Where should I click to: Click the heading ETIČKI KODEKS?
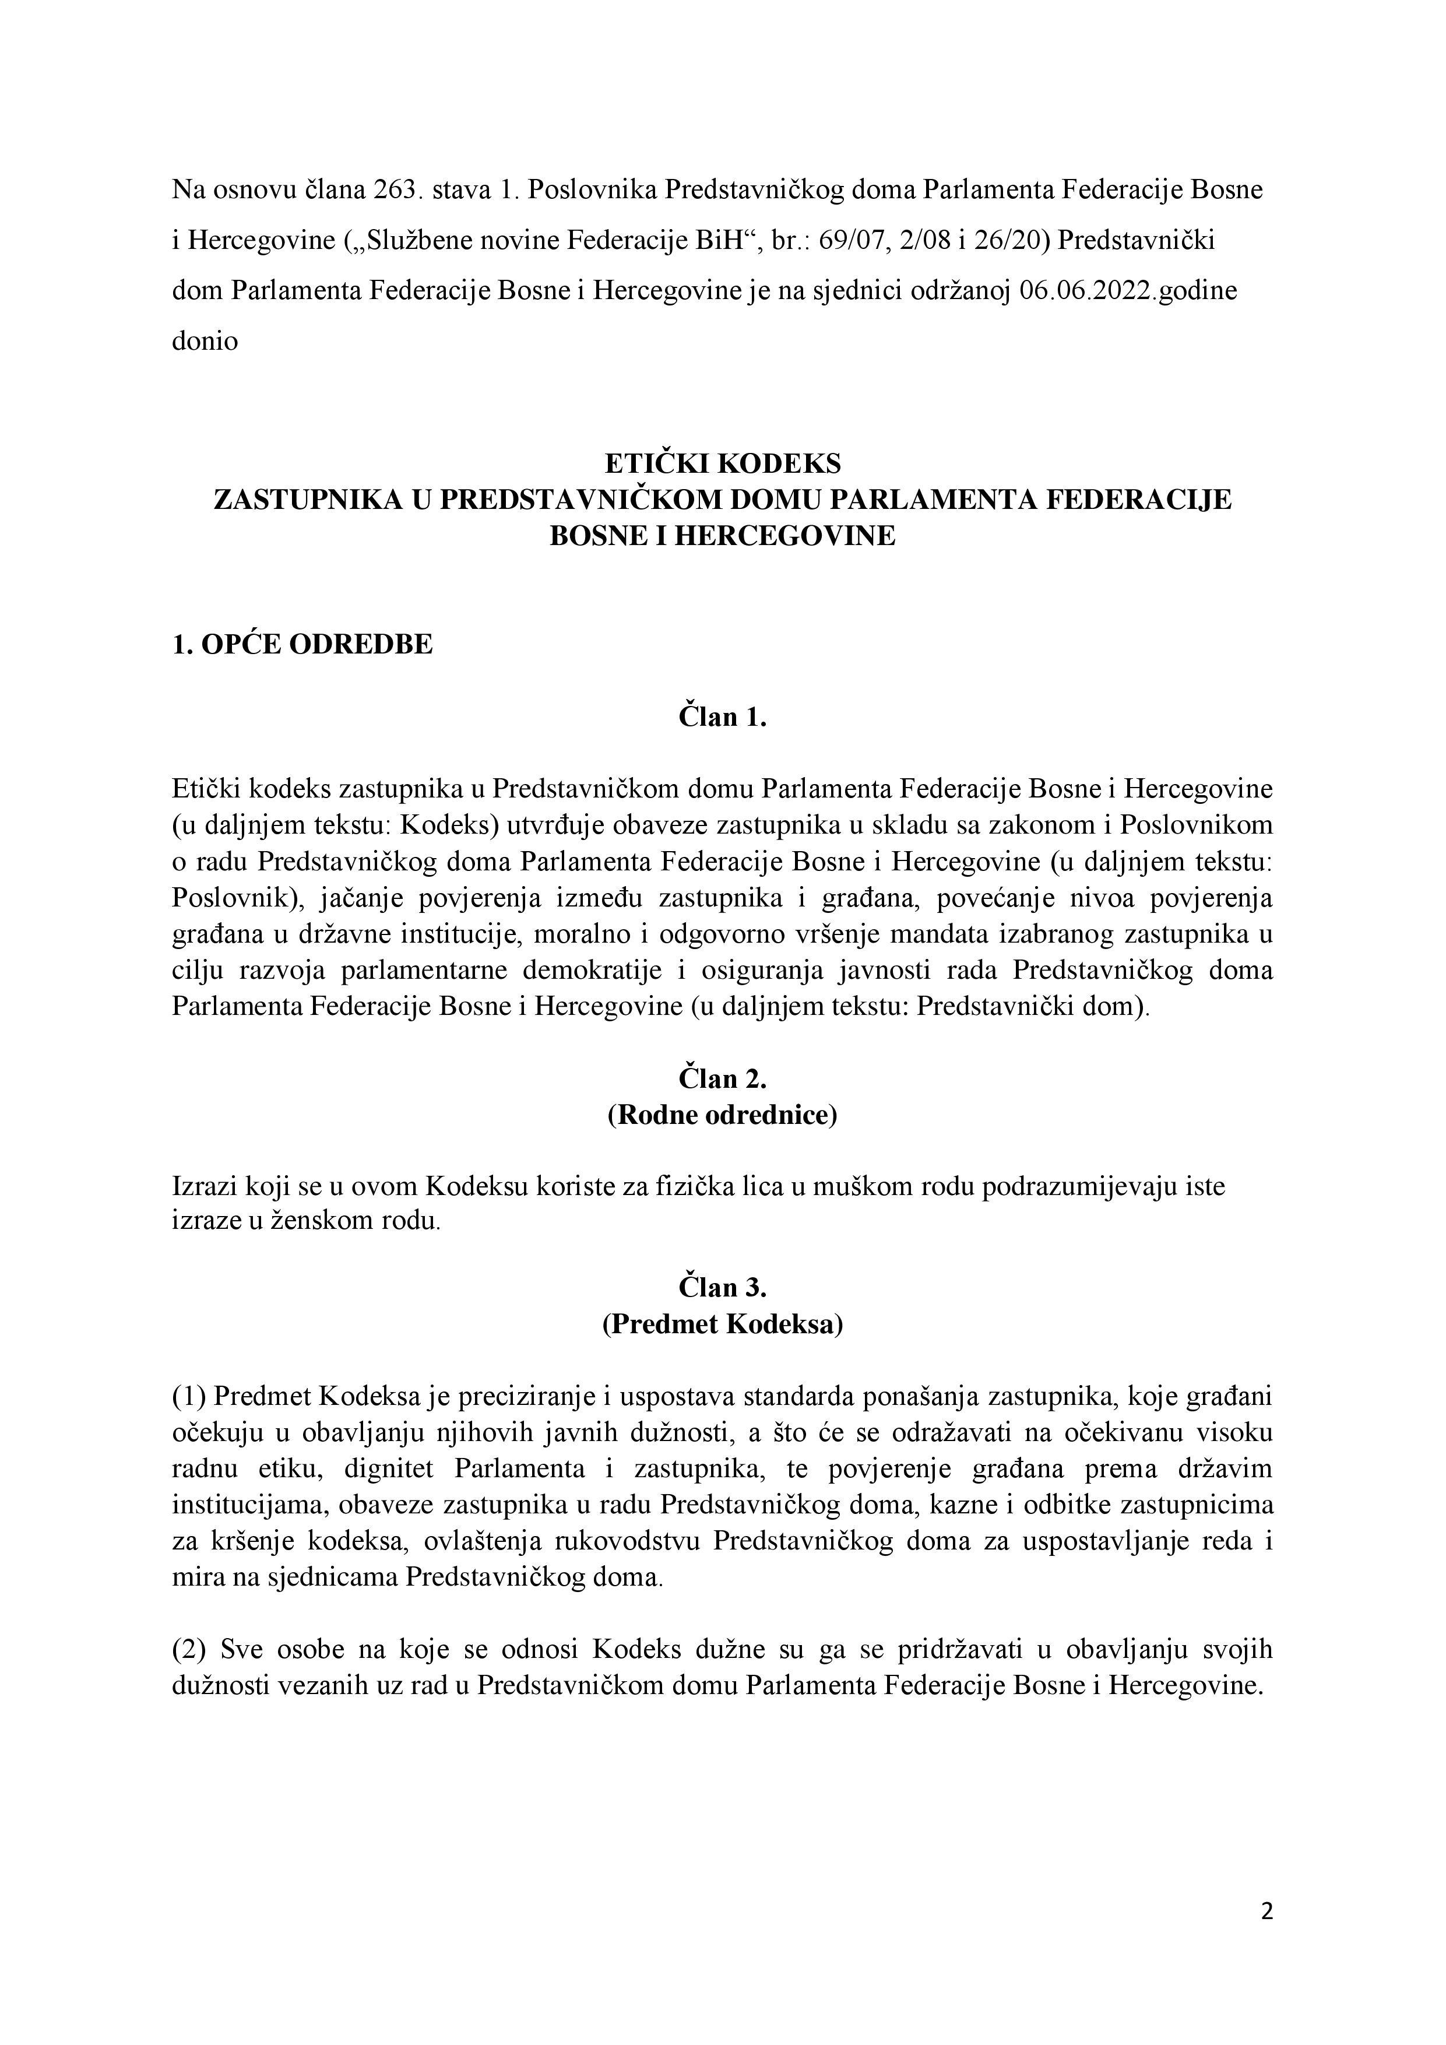click(722, 464)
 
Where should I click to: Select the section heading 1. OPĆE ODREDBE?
click(302, 644)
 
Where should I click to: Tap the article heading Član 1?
click(722, 717)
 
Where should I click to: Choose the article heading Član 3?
click(722, 1288)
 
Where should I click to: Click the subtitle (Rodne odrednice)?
click(722, 1115)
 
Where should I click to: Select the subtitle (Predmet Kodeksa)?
click(722, 1324)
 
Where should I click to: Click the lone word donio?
click(205, 342)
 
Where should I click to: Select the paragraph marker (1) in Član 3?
click(189, 1397)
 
